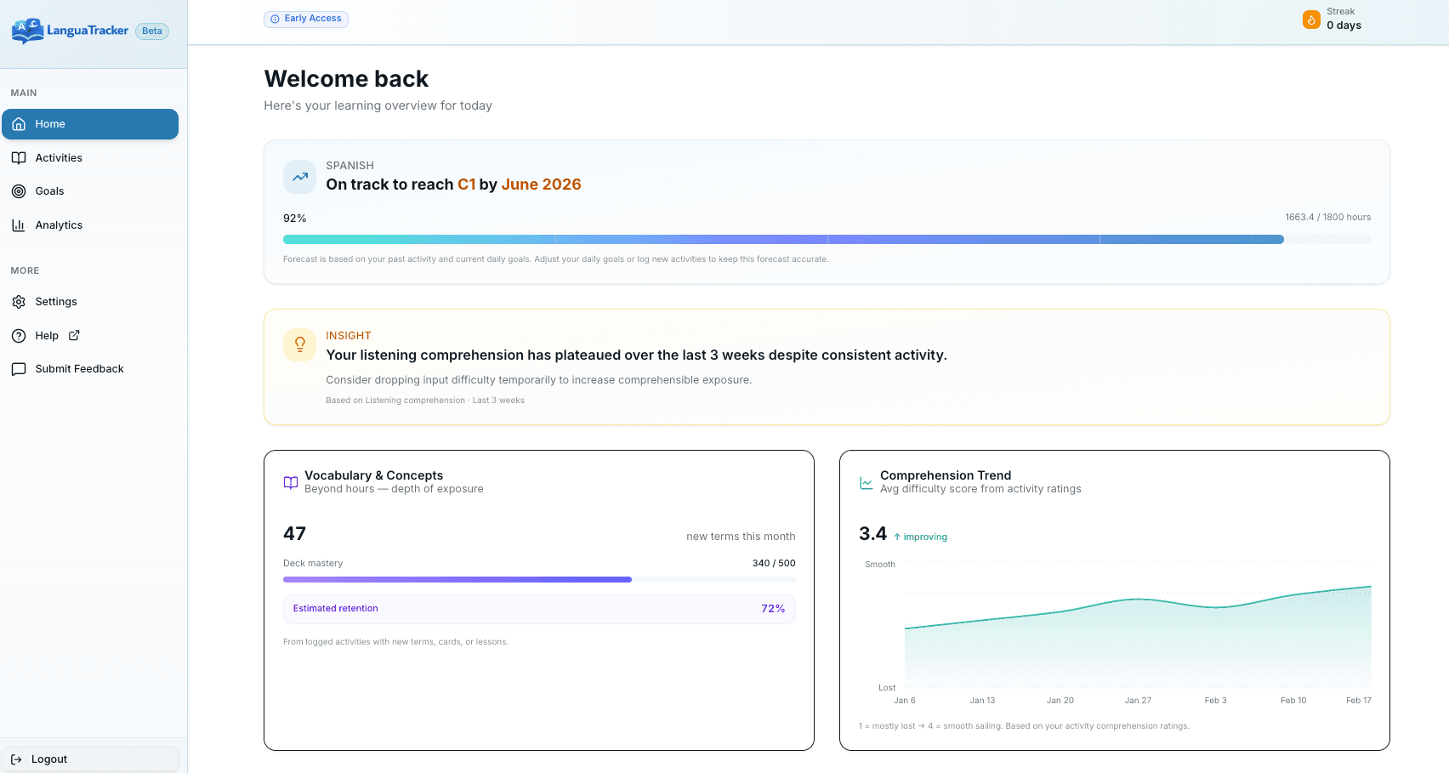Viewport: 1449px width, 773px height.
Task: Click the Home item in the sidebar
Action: (x=90, y=124)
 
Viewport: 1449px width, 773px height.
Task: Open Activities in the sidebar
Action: (x=59, y=158)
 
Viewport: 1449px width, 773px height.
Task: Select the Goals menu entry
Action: (x=49, y=191)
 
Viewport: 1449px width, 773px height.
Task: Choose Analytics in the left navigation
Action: (x=59, y=225)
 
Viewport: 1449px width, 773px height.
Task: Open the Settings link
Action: (x=56, y=302)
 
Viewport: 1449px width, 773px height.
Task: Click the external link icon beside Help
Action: (x=74, y=335)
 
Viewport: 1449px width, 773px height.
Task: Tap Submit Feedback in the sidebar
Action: (x=79, y=369)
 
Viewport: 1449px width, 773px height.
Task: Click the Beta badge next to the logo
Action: (x=152, y=31)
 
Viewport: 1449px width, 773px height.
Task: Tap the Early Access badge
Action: (x=306, y=19)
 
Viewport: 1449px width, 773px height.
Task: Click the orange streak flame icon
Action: (x=1311, y=20)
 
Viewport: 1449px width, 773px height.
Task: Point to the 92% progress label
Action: (x=295, y=219)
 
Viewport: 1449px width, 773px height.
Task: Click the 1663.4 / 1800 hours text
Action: (x=1327, y=218)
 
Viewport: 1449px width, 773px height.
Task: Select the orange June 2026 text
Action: (x=541, y=185)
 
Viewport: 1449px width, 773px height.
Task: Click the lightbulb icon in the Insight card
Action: (x=299, y=344)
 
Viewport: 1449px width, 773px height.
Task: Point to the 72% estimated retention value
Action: (x=772, y=609)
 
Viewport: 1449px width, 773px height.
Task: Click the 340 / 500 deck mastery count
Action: (x=773, y=563)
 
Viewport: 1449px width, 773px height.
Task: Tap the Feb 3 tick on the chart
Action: (x=1215, y=701)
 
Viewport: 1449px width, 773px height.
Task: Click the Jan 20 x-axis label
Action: (x=1060, y=701)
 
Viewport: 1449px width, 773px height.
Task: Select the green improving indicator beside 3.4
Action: (x=921, y=537)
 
